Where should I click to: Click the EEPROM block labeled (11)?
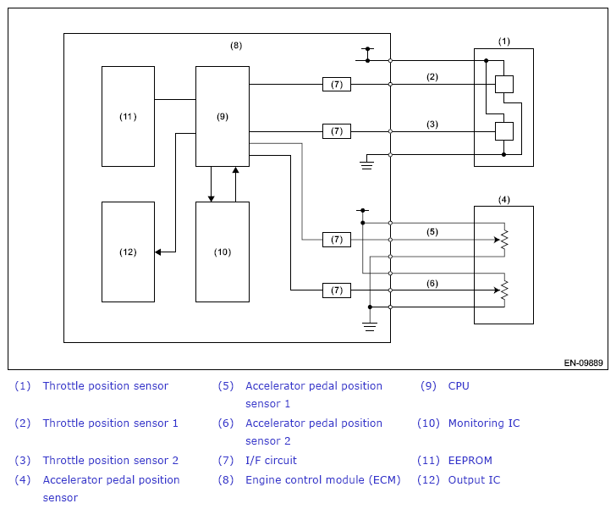click(128, 116)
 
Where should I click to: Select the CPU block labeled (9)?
click(223, 116)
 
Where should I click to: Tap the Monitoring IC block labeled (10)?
click(223, 252)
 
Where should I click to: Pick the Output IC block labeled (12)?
click(128, 252)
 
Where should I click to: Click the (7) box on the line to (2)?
click(337, 84)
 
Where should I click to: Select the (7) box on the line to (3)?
click(337, 131)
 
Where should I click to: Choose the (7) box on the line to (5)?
click(337, 240)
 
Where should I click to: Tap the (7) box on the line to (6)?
click(337, 290)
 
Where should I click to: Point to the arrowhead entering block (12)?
click(158, 252)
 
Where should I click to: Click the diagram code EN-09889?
click(583, 362)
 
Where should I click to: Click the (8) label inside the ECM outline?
click(236, 46)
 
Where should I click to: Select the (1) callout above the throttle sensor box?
click(504, 41)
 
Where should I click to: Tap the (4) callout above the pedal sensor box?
click(504, 200)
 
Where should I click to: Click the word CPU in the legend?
click(459, 386)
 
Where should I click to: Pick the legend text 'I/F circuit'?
click(271, 460)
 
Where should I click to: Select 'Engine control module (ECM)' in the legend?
click(323, 480)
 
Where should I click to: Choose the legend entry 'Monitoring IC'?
click(484, 423)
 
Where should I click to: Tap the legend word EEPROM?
click(470, 460)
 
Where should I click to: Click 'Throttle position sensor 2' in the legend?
click(110, 460)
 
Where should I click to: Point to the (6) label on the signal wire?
click(432, 284)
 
